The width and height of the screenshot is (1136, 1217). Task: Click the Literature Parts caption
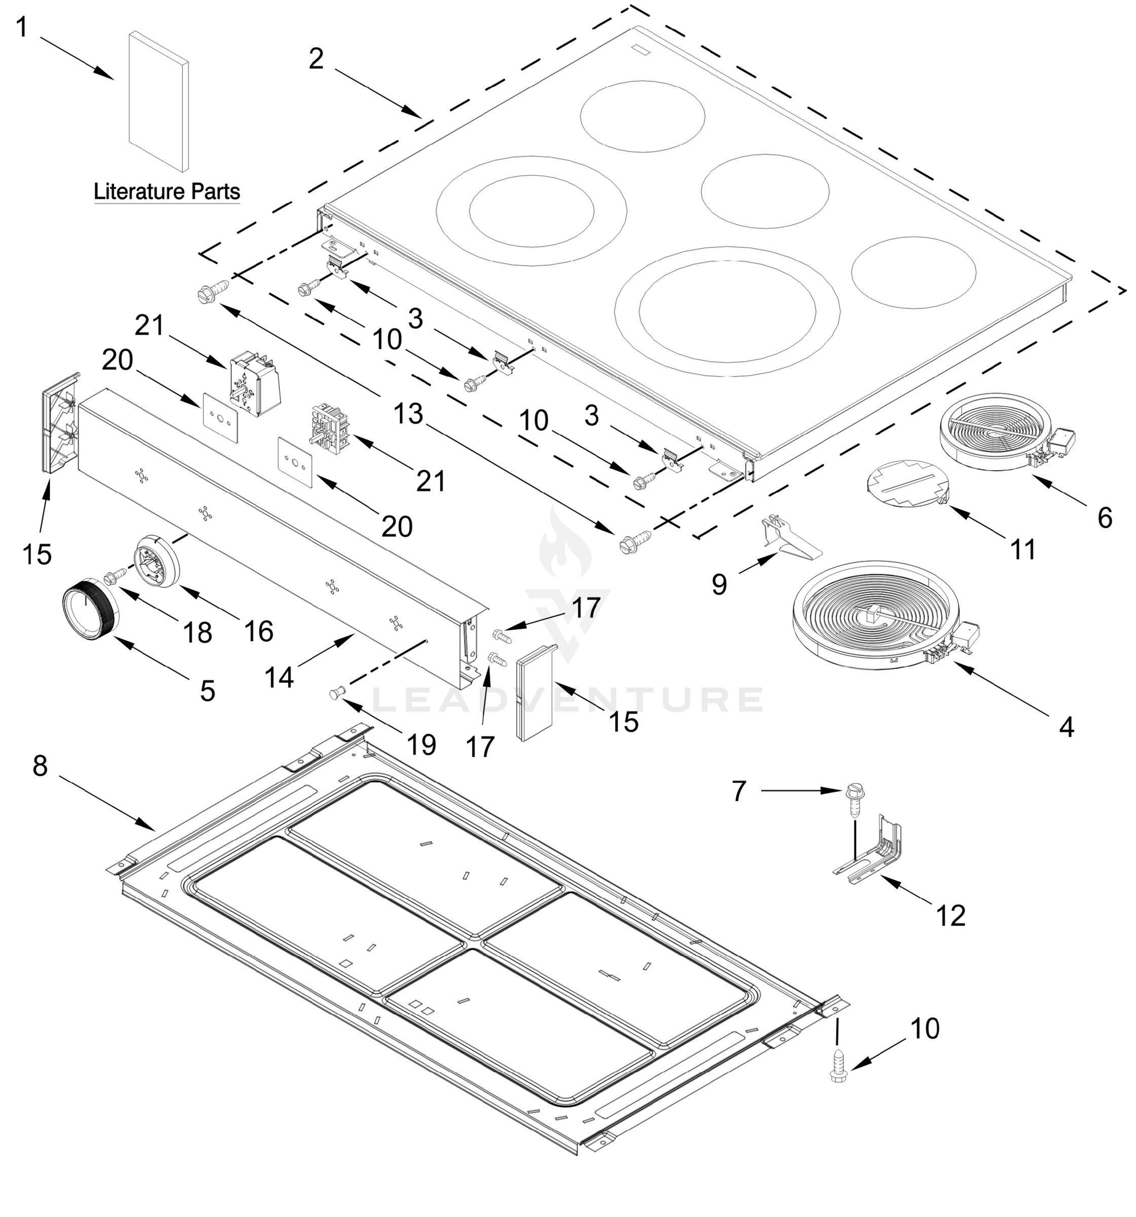pos(166,192)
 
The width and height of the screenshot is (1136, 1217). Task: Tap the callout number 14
pos(279,677)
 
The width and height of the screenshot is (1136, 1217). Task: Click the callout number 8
pos(40,765)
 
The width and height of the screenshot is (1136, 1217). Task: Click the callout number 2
pos(315,59)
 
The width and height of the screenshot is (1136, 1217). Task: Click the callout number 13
pos(408,414)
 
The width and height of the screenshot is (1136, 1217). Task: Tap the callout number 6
pos(1104,519)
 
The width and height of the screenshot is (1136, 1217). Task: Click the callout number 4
pos(1066,727)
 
